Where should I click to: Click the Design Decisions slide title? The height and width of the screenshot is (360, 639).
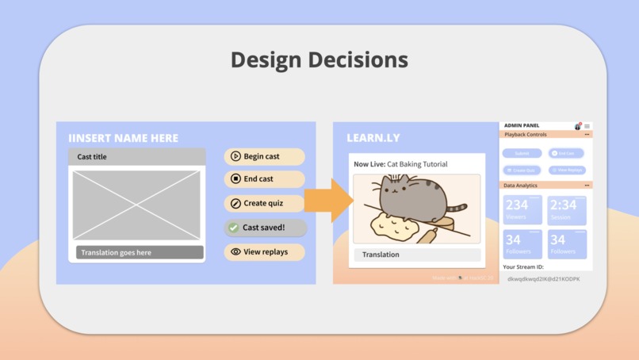[319, 59]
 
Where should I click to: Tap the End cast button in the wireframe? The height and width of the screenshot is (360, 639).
[264, 179]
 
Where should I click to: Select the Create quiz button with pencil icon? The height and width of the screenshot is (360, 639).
[264, 204]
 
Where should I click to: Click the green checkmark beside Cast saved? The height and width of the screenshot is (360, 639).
[233, 228]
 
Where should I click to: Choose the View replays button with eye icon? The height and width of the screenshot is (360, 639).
[264, 252]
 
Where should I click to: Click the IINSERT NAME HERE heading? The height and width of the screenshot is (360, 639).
[123, 138]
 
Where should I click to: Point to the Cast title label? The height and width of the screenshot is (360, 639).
[92, 157]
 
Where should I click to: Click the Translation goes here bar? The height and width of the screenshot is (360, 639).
[140, 253]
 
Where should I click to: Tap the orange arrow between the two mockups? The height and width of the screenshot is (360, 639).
[327, 200]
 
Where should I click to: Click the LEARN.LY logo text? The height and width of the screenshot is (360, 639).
[373, 138]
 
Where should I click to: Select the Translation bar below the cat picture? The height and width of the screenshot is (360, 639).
[417, 255]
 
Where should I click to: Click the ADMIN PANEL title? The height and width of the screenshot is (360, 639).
[522, 125]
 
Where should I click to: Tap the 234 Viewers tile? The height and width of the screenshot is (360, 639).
[522, 210]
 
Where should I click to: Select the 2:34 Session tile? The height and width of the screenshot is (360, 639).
[567, 210]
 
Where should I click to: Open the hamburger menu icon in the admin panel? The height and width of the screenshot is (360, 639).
[587, 126]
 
